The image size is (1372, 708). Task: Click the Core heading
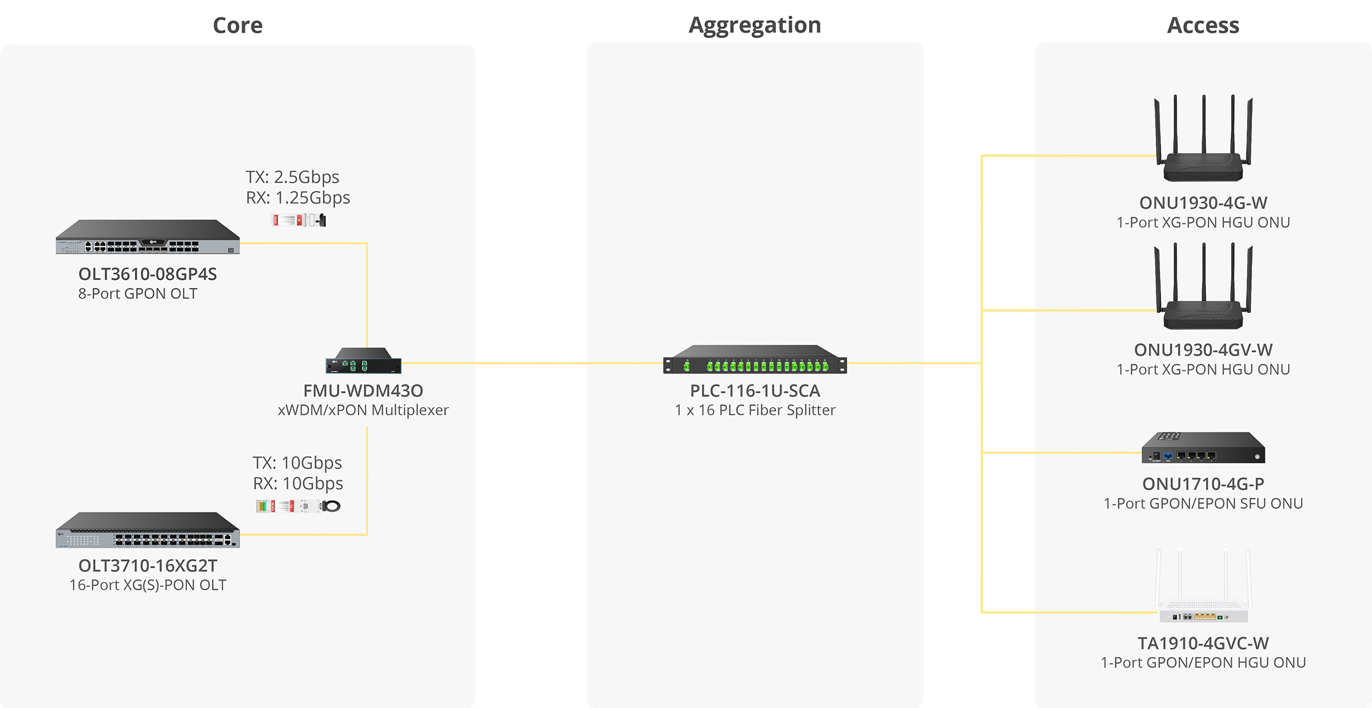coord(238,25)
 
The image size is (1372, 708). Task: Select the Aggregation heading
coord(755,25)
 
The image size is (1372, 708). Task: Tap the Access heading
coord(1203,25)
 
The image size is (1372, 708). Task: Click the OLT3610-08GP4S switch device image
coord(148,238)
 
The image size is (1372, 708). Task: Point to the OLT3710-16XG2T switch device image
coord(148,530)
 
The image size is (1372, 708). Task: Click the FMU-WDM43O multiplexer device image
coord(363,361)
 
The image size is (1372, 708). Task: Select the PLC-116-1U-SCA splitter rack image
coord(755,360)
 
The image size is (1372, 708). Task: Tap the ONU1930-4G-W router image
coord(1203,144)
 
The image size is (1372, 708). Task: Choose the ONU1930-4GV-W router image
coord(1203,291)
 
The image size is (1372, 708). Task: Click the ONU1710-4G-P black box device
coord(1203,448)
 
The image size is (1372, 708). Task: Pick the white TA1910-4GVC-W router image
coord(1203,591)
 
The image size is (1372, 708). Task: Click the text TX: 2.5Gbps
coord(292,177)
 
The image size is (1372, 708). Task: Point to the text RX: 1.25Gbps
coord(298,198)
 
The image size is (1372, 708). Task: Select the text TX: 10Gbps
coord(297,462)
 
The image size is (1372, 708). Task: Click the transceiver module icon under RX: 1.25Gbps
coord(298,220)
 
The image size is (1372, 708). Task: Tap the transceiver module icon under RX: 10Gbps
coord(298,506)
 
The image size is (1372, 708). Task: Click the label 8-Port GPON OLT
coord(138,293)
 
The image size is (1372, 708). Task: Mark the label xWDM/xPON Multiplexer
coord(363,410)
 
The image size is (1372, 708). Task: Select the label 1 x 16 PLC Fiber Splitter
coord(755,410)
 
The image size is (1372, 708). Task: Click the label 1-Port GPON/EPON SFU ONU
coord(1203,503)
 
